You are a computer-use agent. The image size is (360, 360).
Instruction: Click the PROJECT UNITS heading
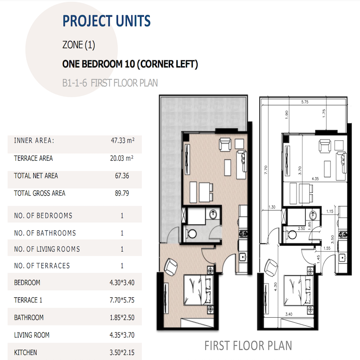click(106, 21)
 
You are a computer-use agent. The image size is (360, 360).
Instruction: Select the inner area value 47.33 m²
click(122, 140)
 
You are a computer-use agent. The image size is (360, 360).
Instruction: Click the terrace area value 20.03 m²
click(122, 158)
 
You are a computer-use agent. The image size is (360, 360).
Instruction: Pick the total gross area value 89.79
click(122, 193)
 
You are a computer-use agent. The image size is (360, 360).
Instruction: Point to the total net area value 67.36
click(122, 176)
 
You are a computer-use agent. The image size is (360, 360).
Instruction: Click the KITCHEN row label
click(26, 352)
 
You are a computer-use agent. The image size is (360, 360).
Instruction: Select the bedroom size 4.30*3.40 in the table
click(122, 283)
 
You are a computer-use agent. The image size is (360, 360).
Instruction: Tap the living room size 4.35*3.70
click(122, 335)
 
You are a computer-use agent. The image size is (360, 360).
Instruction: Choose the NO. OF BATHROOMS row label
click(45, 233)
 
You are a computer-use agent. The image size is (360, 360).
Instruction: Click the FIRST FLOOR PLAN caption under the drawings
click(248, 346)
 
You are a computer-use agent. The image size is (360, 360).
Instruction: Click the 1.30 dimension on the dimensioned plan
click(271, 207)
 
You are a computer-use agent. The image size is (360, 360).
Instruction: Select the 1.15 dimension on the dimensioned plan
click(329, 211)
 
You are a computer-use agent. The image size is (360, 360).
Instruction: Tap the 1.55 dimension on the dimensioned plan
click(326, 248)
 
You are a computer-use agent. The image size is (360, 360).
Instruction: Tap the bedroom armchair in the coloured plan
click(171, 267)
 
